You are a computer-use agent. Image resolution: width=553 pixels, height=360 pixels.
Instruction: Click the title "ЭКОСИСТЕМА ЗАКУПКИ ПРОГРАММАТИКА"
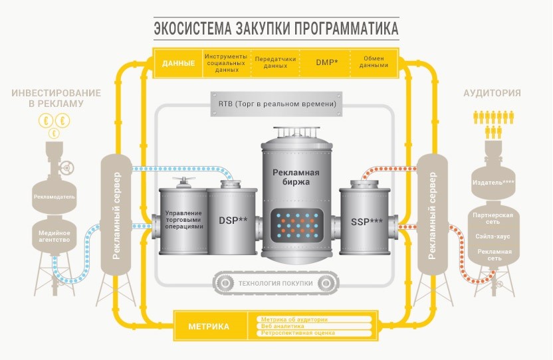(276, 29)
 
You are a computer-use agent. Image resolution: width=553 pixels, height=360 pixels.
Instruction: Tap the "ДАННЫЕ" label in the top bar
(178, 63)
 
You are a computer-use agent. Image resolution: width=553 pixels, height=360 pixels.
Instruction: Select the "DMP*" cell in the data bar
(326, 62)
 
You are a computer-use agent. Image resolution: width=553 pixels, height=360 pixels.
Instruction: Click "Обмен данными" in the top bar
(374, 62)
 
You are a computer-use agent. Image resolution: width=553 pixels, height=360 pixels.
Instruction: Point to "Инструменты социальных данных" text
(227, 62)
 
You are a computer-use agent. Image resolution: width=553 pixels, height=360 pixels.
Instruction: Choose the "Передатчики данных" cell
(275, 62)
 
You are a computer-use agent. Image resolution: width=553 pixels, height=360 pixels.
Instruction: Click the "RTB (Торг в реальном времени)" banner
(276, 104)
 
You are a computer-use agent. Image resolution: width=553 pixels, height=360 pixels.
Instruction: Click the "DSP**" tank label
(233, 219)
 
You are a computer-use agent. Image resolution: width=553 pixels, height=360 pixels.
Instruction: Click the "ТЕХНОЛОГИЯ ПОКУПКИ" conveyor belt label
(276, 284)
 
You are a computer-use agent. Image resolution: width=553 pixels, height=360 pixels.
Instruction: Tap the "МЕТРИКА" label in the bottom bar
(209, 327)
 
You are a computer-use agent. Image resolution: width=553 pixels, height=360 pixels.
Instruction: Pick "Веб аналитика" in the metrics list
(282, 326)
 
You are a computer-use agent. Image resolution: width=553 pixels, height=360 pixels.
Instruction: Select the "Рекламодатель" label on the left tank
(55, 197)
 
